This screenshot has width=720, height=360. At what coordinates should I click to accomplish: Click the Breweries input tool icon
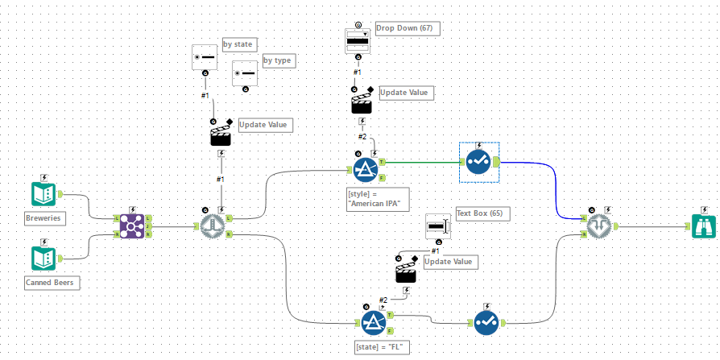(x=43, y=194)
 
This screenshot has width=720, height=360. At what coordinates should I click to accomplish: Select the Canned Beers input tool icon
(x=43, y=258)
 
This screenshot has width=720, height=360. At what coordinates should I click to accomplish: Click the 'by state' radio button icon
(x=205, y=58)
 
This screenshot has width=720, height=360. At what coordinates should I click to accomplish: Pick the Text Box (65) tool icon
(x=438, y=226)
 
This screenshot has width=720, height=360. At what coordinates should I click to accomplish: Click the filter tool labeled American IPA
(x=367, y=171)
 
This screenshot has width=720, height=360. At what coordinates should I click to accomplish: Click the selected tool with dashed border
(x=479, y=162)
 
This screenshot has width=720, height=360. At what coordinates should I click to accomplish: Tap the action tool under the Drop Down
(x=361, y=101)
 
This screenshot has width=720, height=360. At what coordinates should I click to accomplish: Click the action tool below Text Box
(x=406, y=270)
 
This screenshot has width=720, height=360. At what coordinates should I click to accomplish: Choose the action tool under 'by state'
(x=220, y=133)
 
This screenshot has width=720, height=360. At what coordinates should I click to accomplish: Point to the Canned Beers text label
(x=53, y=282)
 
